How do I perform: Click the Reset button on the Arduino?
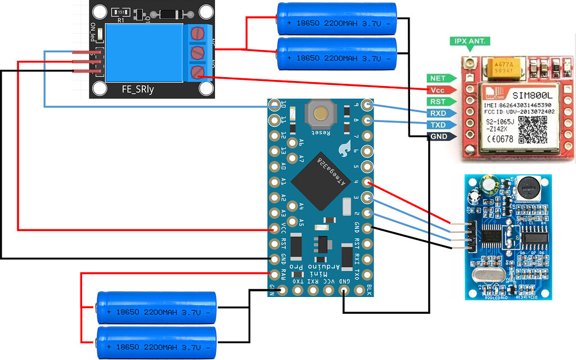tap(321, 114)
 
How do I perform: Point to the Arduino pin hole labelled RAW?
tap(274, 274)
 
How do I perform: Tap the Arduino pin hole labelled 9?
tap(367, 105)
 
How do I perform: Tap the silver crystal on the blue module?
tap(487, 276)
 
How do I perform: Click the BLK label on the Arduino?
tap(368, 290)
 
